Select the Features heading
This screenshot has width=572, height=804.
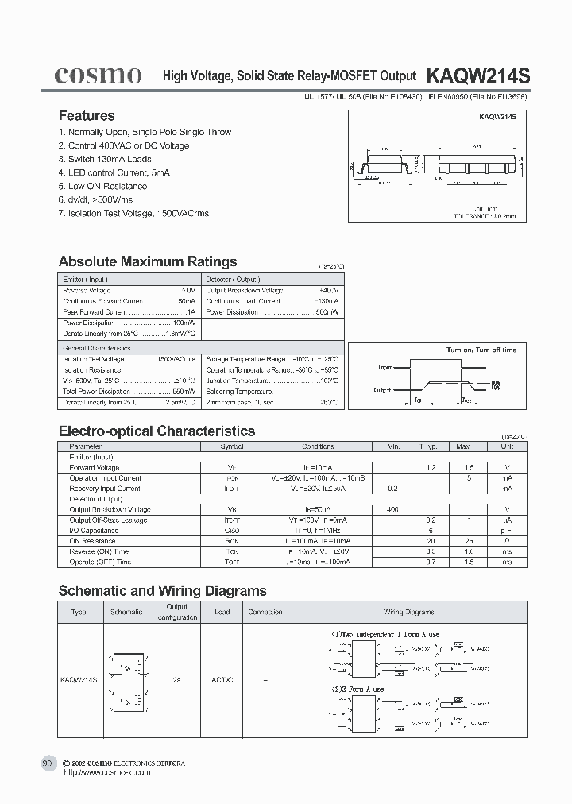87,115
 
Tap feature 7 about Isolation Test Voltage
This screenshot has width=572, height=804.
133,213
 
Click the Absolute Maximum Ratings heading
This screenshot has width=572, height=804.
148,261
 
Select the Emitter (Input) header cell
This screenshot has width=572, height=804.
85,280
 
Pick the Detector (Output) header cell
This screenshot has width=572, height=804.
233,280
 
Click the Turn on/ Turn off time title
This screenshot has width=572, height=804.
481,350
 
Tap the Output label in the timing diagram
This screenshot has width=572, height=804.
383,390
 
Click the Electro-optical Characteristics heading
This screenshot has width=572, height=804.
157,431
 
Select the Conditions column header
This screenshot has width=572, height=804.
318,446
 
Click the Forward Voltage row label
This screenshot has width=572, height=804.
94,468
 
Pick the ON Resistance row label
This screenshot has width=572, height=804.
92,540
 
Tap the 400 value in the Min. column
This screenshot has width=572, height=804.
392,509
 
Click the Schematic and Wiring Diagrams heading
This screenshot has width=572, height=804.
162,590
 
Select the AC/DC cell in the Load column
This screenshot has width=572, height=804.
222,681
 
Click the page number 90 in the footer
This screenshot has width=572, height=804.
47,763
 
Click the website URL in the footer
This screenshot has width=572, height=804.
106,772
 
